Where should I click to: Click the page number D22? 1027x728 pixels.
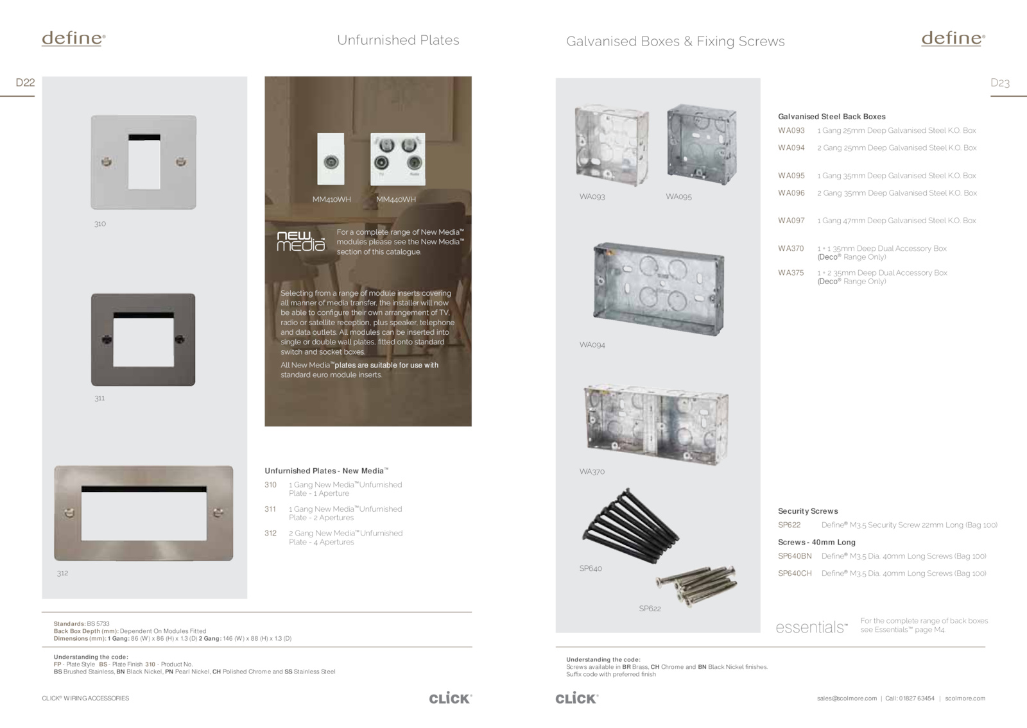point(25,83)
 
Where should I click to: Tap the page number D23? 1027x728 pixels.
point(1000,83)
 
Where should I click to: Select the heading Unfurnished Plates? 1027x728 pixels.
point(398,40)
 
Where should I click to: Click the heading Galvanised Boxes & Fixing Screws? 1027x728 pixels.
point(675,41)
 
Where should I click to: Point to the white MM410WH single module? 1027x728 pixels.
point(331,158)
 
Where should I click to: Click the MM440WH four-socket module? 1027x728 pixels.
point(398,159)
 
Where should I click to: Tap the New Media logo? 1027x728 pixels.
point(301,241)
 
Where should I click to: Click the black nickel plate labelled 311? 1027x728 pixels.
point(143,339)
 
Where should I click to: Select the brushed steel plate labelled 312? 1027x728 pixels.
point(144,513)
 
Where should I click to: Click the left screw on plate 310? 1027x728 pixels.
point(107,162)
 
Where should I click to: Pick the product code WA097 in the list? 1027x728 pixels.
point(791,221)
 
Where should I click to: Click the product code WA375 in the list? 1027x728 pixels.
point(791,273)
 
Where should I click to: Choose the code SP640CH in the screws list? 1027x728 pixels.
point(795,573)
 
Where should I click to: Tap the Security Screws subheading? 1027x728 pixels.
point(808,511)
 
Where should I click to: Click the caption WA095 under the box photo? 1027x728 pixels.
point(678,196)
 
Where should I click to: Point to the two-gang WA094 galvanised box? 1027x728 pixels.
point(659,289)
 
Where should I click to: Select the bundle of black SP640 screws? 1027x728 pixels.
point(630,526)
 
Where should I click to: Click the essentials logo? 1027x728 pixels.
point(811,627)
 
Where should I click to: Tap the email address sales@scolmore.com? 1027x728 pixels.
point(847,698)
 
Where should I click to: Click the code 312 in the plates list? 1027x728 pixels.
point(270,533)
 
